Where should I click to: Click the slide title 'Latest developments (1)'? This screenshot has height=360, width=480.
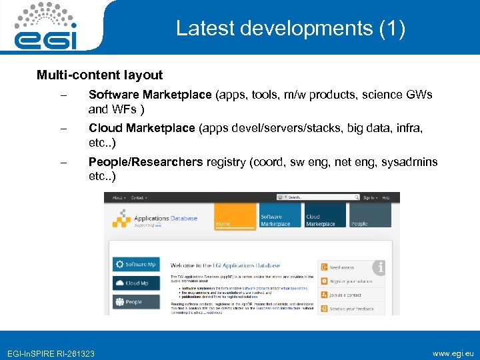click(x=290, y=29)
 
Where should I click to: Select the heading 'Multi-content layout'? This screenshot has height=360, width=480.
click(x=99, y=75)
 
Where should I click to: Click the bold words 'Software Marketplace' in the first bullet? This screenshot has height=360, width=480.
click(x=150, y=95)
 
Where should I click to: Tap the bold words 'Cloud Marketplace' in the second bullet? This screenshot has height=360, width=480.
click(x=142, y=127)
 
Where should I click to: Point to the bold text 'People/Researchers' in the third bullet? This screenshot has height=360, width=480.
click(x=146, y=161)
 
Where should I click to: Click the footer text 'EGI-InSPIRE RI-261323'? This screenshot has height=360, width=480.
click(x=51, y=353)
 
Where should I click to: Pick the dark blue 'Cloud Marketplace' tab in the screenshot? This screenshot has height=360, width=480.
click(x=325, y=217)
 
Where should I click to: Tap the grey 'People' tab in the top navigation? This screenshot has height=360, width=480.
click(x=370, y=217)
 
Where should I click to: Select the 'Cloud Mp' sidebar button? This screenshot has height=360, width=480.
click(x=137, y=283)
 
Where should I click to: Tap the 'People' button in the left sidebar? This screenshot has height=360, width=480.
click(x=137, y=301)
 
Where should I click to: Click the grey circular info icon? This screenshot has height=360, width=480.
click(x=379, y=268)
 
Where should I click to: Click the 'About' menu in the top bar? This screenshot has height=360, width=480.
click(x=119, y=197)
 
